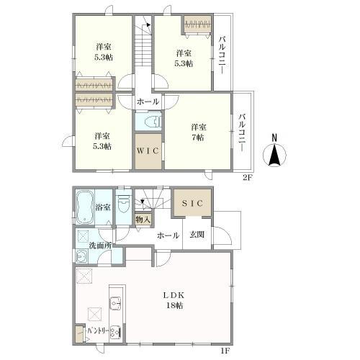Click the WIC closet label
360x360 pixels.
point(148,150)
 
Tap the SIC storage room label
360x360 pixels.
point(192,203)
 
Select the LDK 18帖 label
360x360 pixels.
point(174,300)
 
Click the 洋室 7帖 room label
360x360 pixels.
point(198,132)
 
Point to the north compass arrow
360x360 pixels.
point(275,155)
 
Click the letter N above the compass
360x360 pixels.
point(274,138)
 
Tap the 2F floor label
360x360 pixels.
point(248,178)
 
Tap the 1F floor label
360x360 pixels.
point(225,351)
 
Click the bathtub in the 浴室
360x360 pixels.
point(84,208)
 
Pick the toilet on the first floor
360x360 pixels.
point(124,204)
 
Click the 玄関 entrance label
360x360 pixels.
point(197,235)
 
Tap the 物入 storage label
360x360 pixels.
point(143,220)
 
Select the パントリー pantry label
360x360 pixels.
point(98,331)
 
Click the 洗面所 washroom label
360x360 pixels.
point(100,246)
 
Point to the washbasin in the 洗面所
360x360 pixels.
point(82,256)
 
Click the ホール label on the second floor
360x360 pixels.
point(148,102)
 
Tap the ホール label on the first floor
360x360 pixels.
point(168,235)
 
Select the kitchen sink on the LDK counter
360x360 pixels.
point(115,303)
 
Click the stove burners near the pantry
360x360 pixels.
point(115,332)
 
